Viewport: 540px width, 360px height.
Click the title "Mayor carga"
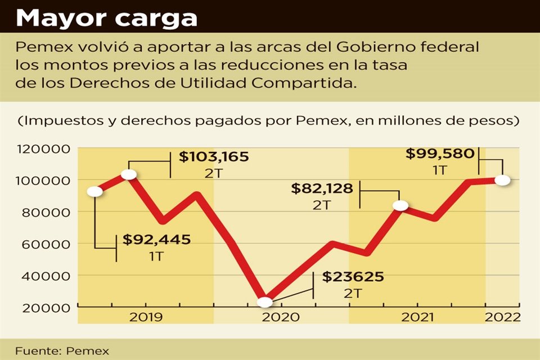106,18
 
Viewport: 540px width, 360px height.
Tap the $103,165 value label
213,157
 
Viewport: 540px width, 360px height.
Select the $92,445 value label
157,240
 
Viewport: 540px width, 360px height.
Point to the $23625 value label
353,277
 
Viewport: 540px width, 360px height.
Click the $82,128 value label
322,189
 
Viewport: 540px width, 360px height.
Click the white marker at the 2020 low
264,302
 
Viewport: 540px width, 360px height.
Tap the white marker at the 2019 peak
129,174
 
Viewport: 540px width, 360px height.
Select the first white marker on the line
95,191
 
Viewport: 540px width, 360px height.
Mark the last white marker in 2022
503,180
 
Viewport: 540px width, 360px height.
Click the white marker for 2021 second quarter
400,205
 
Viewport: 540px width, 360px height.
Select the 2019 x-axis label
146,317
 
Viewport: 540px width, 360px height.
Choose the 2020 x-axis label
281,317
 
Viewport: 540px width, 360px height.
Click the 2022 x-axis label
503,317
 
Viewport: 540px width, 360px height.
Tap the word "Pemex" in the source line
87,350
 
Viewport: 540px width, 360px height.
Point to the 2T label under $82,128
322,205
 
